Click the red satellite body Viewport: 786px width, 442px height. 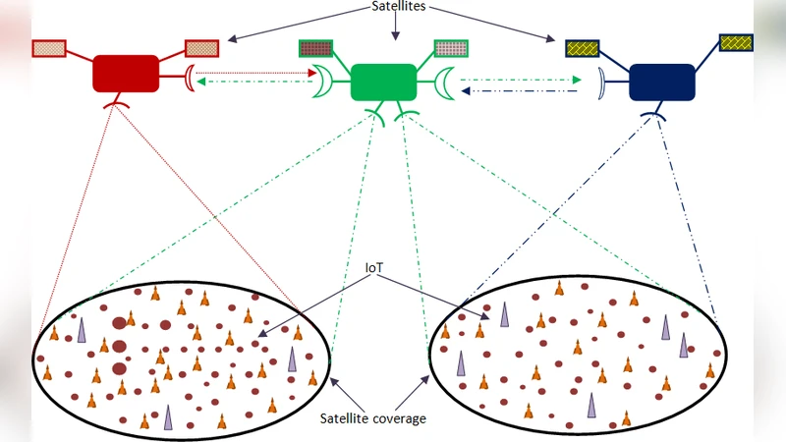pos(126,74)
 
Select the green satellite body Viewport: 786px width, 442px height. pos(383,81)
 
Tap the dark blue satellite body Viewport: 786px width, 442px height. pos(661,82)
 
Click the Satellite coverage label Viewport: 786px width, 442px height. pos(372,418)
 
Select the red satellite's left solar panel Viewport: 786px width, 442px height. pos(49,47)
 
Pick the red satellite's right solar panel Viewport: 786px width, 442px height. pos(201,47)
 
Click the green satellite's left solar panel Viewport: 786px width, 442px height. pos(316,48)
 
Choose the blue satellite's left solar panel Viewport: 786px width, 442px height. pos(582,47)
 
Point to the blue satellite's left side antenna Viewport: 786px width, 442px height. pos(600,83)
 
